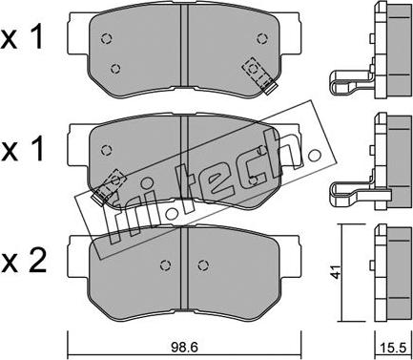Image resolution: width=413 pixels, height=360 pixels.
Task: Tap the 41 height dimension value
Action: tap(337, 271)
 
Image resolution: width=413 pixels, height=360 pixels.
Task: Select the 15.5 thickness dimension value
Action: tap(394, 348)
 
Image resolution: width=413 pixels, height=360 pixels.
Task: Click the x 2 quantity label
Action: tap(24, 260)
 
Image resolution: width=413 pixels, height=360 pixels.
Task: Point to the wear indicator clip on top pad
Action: tap(259, 75)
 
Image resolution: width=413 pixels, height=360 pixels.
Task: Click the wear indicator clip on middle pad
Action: tap(108, 186)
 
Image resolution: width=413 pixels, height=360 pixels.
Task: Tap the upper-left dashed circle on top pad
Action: tap(106, 38)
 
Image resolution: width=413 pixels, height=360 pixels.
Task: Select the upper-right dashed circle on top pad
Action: tap(261, 38)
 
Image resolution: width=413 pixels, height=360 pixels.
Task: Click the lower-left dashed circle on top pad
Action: tap(115, 68)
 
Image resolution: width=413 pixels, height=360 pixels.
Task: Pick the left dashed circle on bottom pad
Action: tap(165, 265)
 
